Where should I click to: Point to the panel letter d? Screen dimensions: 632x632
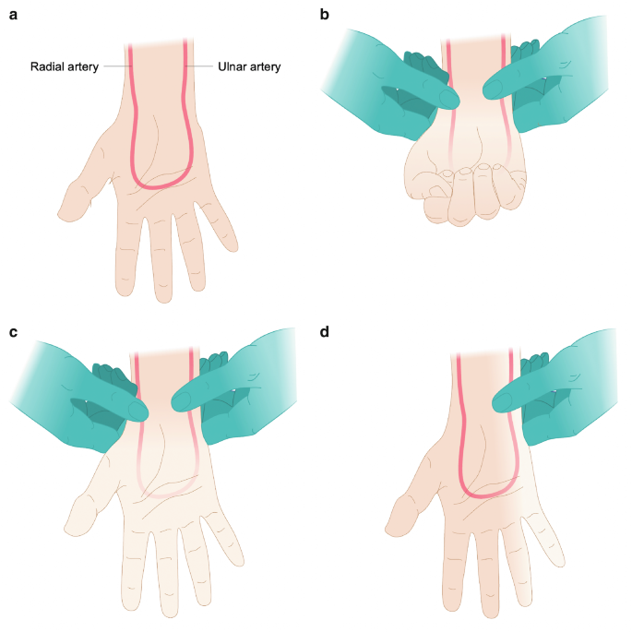(324, 332)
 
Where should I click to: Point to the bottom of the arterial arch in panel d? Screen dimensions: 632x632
(485, 495)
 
